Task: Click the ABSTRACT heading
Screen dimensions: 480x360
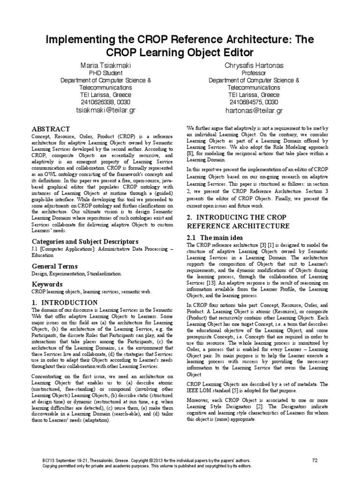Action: pyautogui.click(x=51, y=129)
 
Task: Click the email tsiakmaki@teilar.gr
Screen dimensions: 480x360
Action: pyautogui.click(x=105, y=111)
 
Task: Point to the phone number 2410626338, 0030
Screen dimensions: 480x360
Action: pyautogui.click(x=105, y=102)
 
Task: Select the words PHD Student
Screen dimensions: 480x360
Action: pyautogui.click(x=105, y=73)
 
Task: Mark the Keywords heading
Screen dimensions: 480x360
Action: pyautogui.click(x=47, y=285)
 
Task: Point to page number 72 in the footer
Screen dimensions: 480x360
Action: pyautogui.click(x=315, y=460)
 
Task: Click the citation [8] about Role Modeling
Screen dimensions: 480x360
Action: pyautogui.click(x=190, y=153)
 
